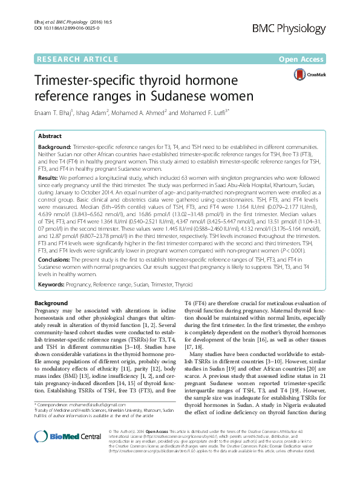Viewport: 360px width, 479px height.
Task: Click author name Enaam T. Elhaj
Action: [59, 112]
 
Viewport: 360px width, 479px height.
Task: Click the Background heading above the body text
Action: [51, 303]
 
